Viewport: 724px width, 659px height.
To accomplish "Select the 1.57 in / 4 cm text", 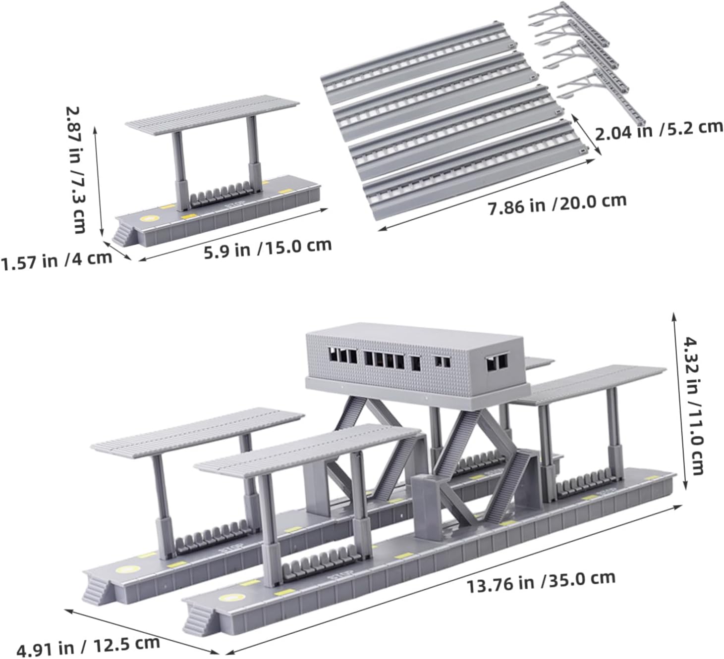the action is pos(56,260).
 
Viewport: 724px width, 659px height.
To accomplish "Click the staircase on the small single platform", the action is pos(125,234).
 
